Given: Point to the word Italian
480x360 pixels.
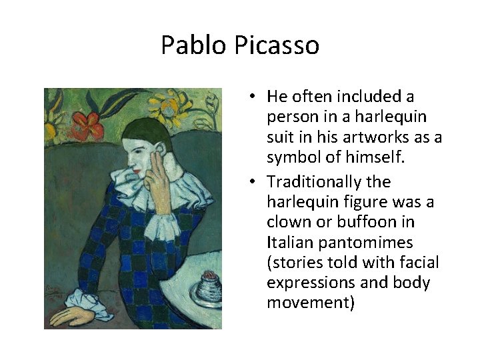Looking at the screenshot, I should click(288, 243).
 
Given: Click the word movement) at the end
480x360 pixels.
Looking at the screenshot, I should click(311, 303).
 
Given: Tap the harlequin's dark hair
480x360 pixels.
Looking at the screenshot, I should click(143, 129).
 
